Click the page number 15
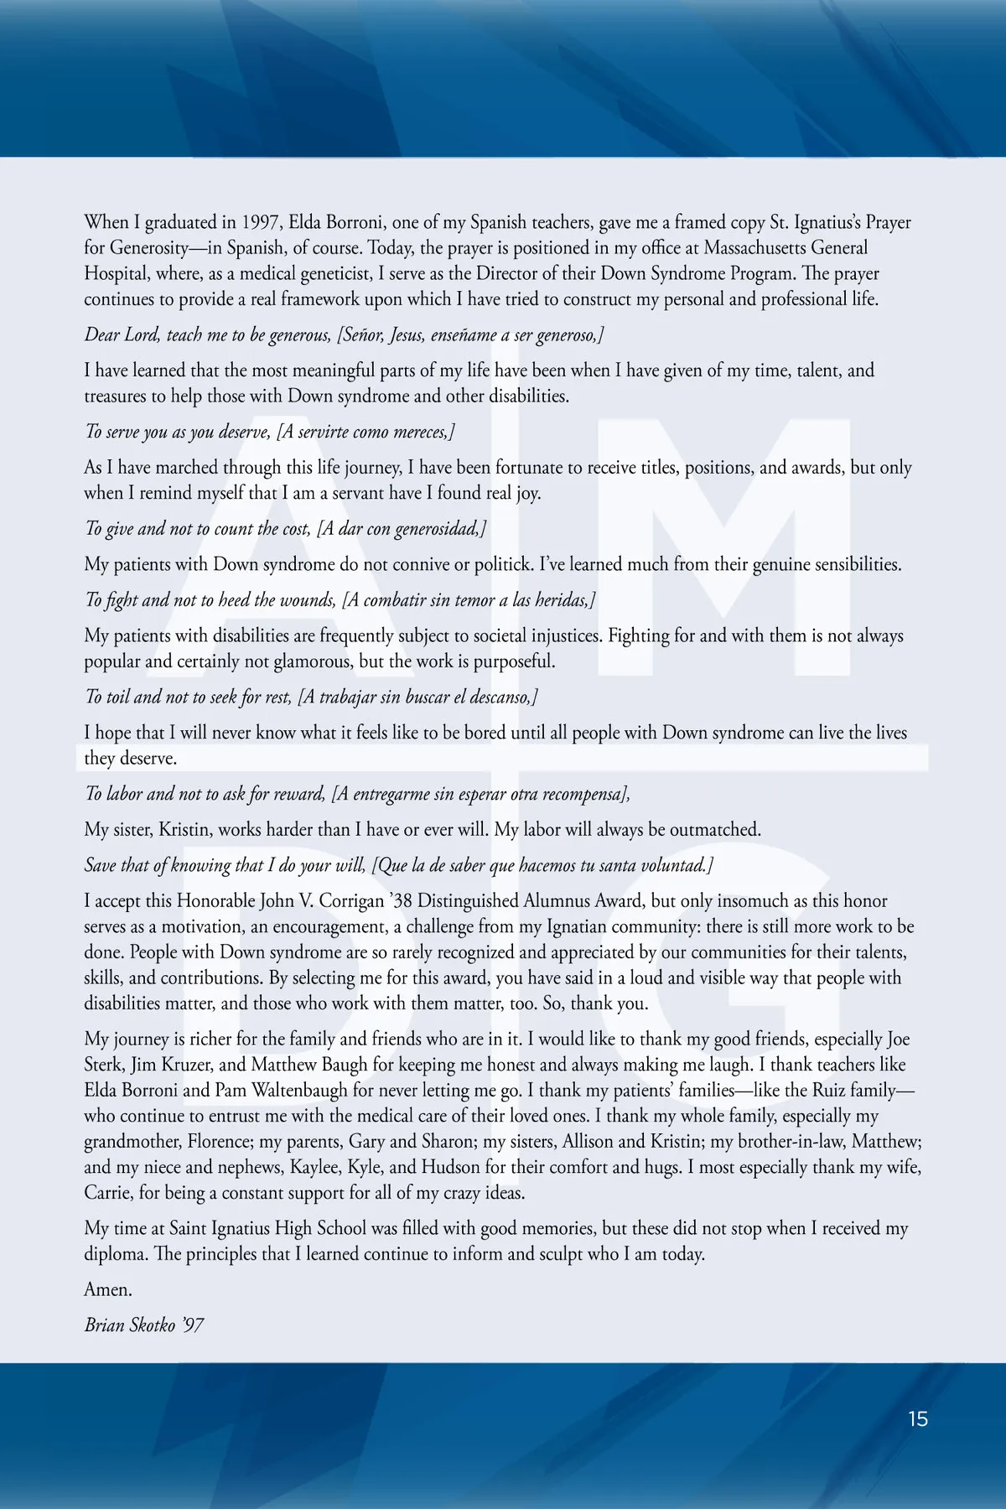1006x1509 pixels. (918, 1419)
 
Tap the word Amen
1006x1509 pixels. (108, 1289)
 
